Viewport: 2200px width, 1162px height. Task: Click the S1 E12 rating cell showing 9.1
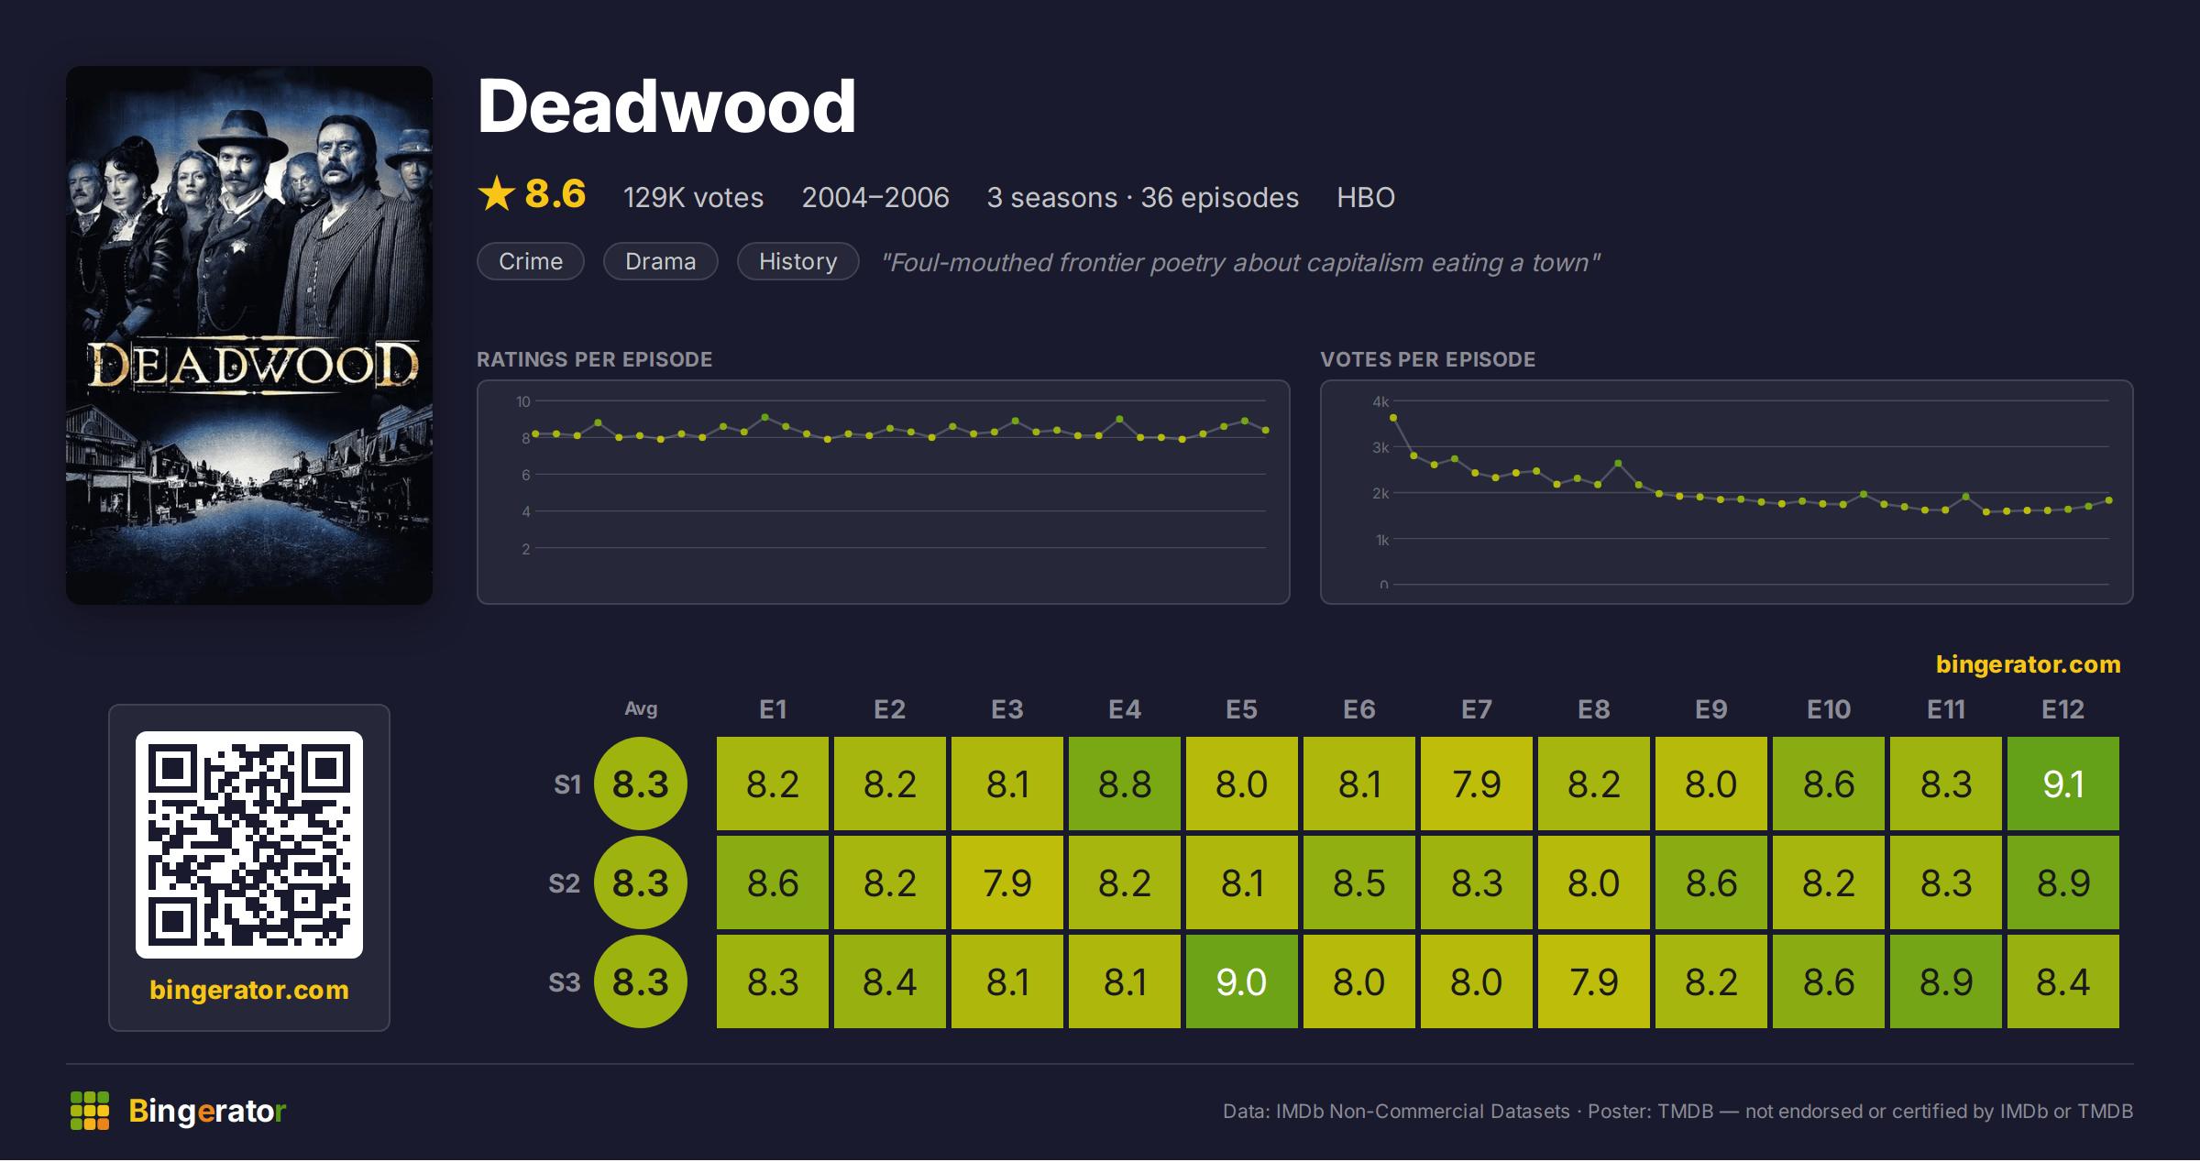coord(2062,784)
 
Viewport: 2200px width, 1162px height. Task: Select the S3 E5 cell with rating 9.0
coord(1241,981)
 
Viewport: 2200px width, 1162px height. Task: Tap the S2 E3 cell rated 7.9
coord(1006,882)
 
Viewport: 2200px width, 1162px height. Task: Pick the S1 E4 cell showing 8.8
coord(1124,784)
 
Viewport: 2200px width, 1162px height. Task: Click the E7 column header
coord(1476,709)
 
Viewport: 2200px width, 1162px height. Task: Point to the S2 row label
coord(564,883)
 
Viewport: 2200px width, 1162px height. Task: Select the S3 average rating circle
coord(640,981)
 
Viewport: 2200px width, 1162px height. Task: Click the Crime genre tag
coord(530,261)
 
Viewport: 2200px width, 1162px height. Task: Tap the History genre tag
coord(797,261)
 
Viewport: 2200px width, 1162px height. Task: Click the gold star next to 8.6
coord(497,193)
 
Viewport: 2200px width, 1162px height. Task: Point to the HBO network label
coord(1365,197)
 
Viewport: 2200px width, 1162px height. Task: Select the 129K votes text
coord(693,197)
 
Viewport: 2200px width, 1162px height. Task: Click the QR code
coord(249,845)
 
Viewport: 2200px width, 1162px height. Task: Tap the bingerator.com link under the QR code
coord(249,990)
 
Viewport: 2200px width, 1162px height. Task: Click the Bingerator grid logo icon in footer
coord(90,1111)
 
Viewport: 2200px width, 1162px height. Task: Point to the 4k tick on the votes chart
coord(1380,401)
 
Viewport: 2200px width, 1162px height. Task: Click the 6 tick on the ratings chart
coord(526,475)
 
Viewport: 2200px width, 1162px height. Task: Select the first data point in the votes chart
coord(1393,418)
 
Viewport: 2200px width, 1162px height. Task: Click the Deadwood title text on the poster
coord(253,366)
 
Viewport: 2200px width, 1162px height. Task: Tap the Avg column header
coord(641,708)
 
